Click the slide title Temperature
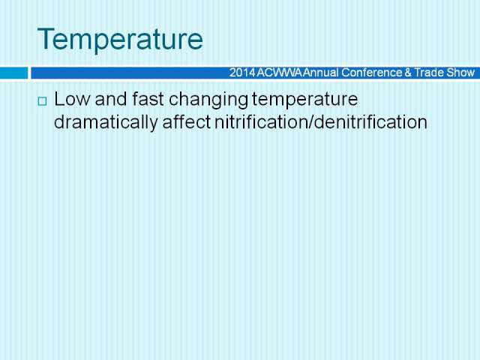pyautogui.click(x=120, y=38)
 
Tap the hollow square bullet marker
pyautogui.click(x=42, y=101)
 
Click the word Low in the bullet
pyautogui.click(x=72, y=99)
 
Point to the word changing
pyautogui.click(x=208, y=100)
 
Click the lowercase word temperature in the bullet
pyautogui.click(x=305, y=100)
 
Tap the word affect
pyautogui.click(x=187, y=121)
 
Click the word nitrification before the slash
pyautogui.click(x=262, y=121)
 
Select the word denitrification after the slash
pyautogui.click(x=370, y=121)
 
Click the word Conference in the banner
pyautogui.click(x=372, y=73)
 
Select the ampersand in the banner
pyautogui.click(x=408, y=73)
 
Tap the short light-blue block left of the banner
pyautogui.click(x=13, y=73)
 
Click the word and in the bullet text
pyautogui.click(x=111, y=99)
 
